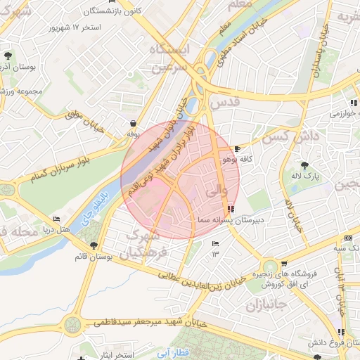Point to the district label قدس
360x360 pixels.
click(225, 103)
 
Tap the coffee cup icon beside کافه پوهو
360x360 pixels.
click(237, 149)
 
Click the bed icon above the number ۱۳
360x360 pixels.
click(215, 243)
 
